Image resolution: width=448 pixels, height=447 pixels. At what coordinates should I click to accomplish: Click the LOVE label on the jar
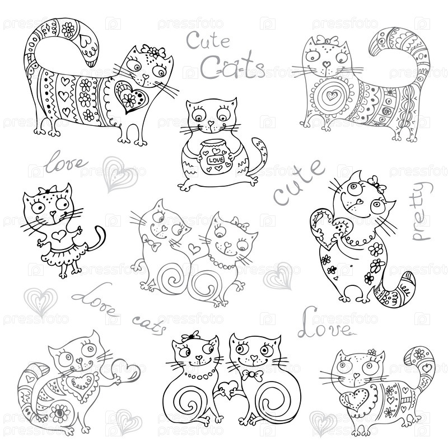216,160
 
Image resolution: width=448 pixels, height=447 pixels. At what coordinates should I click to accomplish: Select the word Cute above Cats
208,40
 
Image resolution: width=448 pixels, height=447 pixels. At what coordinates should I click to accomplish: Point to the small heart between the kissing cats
194,248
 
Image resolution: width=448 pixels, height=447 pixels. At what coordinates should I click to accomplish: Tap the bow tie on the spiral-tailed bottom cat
253,375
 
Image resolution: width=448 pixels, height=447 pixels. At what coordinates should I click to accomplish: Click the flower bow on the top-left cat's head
153,51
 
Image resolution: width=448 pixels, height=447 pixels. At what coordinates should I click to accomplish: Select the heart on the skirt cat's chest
59,235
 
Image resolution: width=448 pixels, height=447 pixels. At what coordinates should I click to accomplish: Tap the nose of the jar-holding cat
211,123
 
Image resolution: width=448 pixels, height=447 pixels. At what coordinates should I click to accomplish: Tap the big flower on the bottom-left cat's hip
60,413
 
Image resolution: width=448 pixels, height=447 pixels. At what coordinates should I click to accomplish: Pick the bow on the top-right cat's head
328,40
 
